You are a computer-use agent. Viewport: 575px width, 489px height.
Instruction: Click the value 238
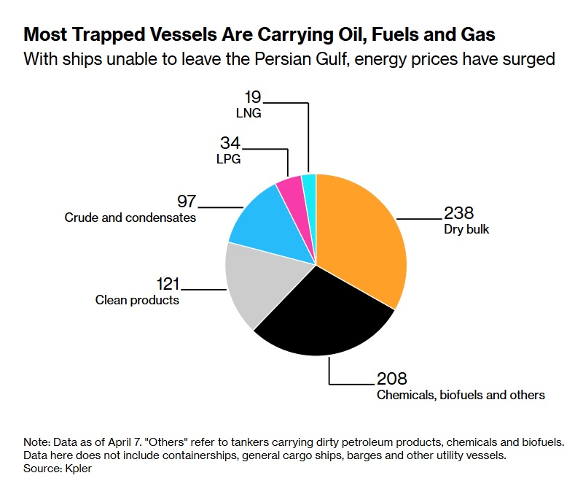click(459, 213)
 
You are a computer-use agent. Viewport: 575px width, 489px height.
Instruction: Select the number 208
click(391, 379)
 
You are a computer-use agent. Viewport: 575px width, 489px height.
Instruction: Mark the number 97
click(187, 201)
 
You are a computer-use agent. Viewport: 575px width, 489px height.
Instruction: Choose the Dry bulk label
click(466, 229)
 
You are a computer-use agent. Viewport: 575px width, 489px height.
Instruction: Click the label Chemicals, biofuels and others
click(461, 395)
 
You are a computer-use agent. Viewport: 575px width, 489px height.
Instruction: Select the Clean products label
click(137, 300)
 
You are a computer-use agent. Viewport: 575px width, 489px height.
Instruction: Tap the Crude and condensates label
click(130, 217)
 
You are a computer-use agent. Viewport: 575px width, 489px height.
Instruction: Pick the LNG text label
click(249, 113)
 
